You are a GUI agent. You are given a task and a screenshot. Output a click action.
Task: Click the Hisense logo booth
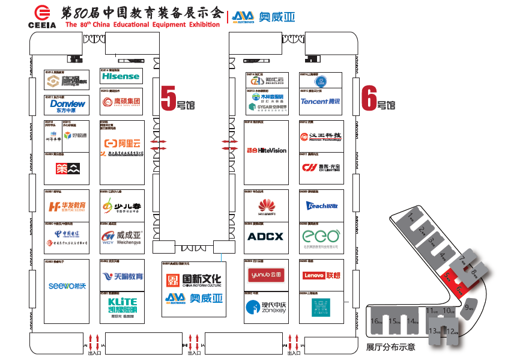pos(121,76)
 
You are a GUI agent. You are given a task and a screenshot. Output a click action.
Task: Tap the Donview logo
pos(67,106)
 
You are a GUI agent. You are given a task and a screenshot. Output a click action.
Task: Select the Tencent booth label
pos(320,102)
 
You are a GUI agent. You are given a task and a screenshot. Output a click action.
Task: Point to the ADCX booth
pos(265,236)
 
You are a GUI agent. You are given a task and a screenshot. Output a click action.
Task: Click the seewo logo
pos(67,286)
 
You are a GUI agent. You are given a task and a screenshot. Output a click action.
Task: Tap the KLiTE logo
pos(122,305)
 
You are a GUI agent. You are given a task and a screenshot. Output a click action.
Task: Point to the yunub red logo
pos(265,275)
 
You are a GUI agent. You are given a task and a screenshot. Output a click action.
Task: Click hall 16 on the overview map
pos(376,321)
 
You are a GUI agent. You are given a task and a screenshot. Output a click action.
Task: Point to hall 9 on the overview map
pos(468,308)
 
